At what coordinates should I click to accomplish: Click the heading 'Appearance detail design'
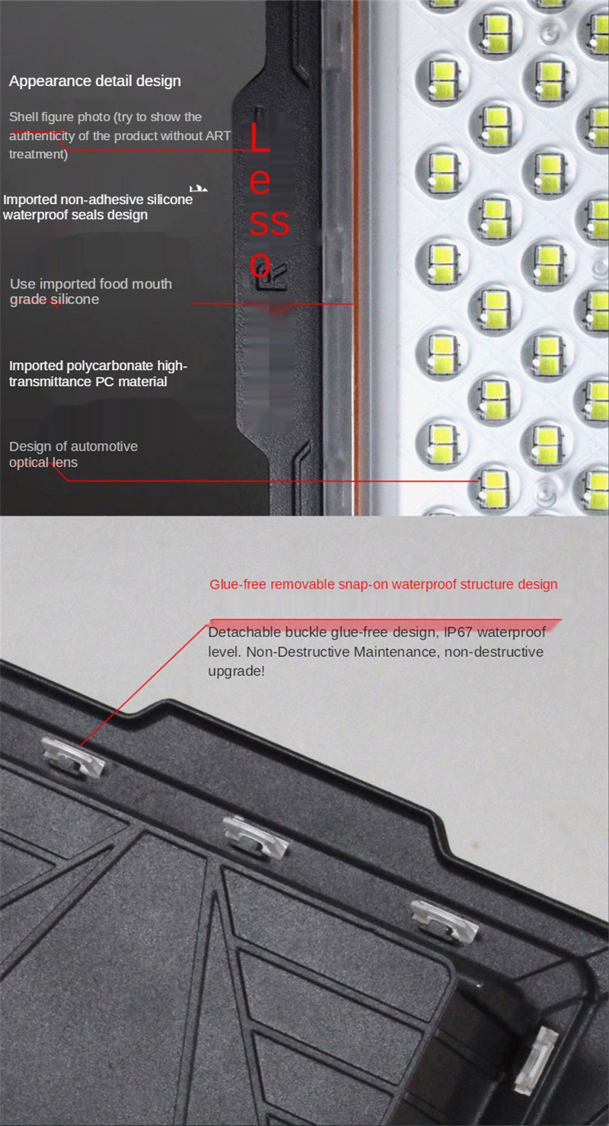tap(95, 81)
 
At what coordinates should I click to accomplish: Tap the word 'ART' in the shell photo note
tap(218, 136)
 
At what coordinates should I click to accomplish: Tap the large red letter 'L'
tap(260, 137)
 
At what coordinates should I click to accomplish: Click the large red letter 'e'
tap(260, 182)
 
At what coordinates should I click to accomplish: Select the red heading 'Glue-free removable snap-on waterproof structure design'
tap(384, 584)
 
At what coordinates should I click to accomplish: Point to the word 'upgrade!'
tap(236, 671)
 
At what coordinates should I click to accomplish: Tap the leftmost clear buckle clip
tap(73, 758)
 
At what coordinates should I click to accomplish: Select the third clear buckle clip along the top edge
tap(445, 920)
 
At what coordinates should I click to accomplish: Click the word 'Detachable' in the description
tap(242, 632)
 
